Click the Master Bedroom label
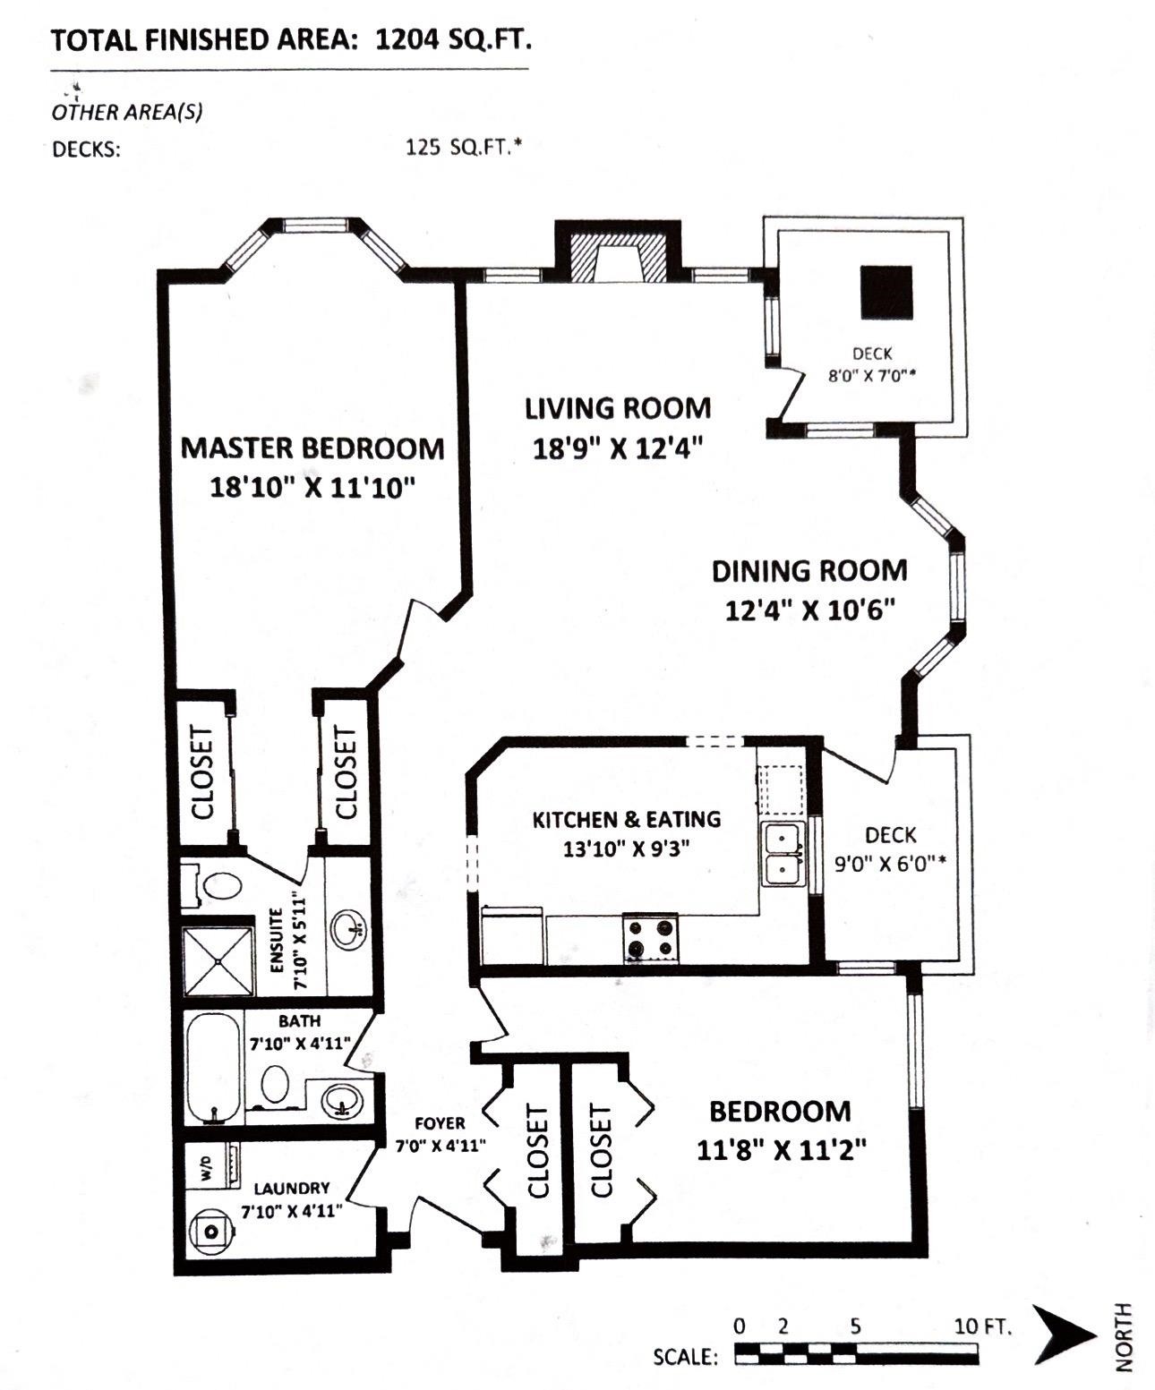pyautogui.click(x=312, y=448)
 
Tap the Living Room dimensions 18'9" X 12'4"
pyautogui.click(x=618, y=447)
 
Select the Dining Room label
pyautogui.click(x=809, y=570)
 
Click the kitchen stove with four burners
pyautogui.click(x=651, y=938)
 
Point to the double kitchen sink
pyautogui.click(x=783, y=854)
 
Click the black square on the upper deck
pyautogui.click(x=886, y=293)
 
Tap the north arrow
pyautogui.click(x=1064, y=1335)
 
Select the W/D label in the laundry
pyautogui.click(x=205, y=1167)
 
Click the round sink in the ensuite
pyautogui.click(x=348, y=929)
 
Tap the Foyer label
pyautogui.click(x=440, y=1122)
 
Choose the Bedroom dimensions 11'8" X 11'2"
pyautogui.click(x=781, y=1149)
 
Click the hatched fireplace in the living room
pyautogui.click(x=619, y=260)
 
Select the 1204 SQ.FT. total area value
pyautogui.click(x=453, y=40)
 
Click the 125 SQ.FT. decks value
pyautogui.click(x=463, y=147)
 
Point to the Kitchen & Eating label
pyautogui.click(x=626, y=819)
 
